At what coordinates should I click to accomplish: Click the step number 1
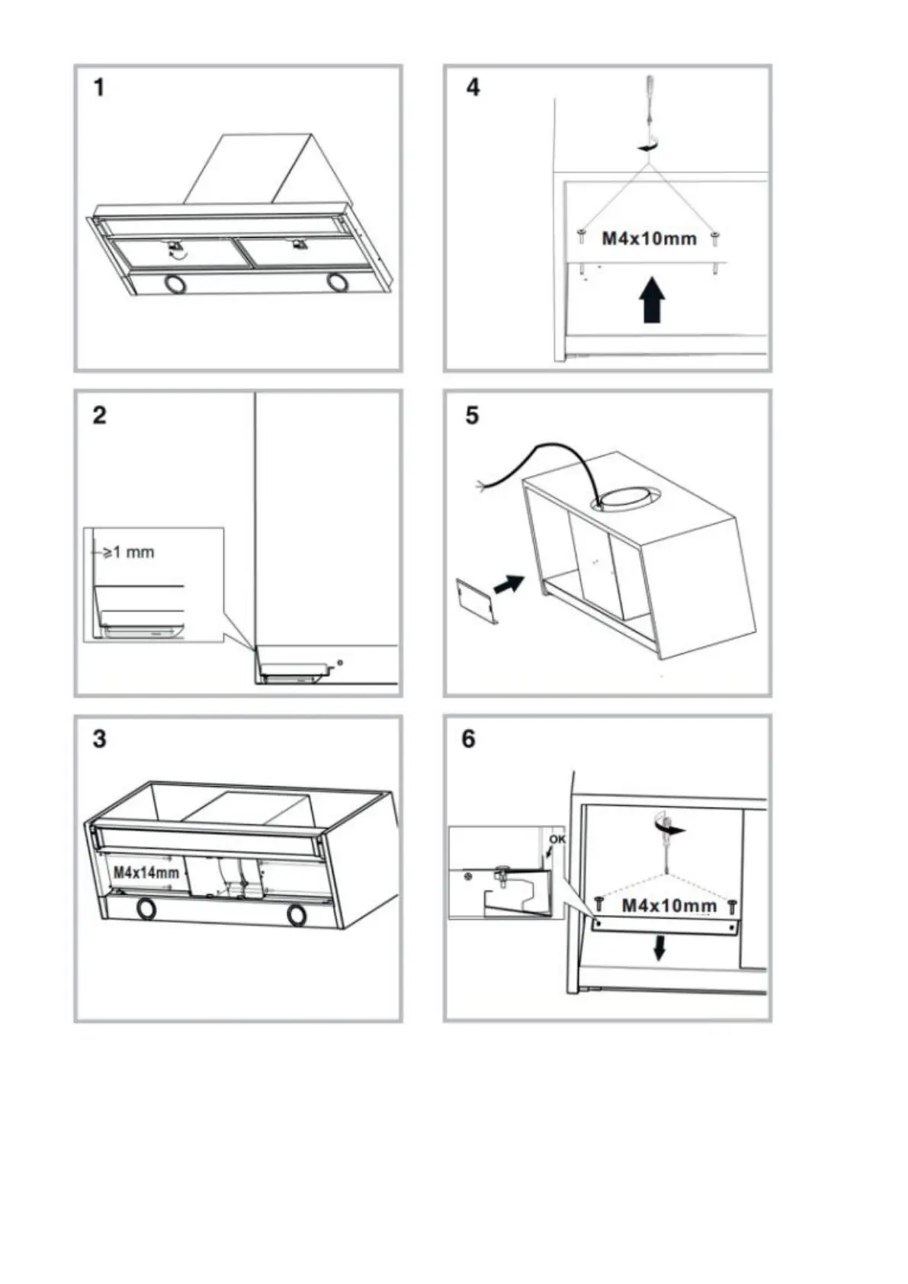coord(100,88)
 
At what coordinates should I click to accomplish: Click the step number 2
coord(100,416)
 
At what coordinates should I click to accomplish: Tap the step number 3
coord(100,740)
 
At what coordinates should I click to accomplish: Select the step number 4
coord(473,88)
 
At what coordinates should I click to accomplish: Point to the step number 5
coord(473,416)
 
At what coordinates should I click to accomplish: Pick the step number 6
coord(469,740)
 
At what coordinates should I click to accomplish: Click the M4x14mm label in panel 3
coord(146,872)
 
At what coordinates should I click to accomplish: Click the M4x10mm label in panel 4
coord(649,239)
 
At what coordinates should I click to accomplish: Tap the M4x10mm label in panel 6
coord(669,906)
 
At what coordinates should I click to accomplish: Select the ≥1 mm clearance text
coord(128,552)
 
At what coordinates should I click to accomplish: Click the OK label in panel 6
coord(557,839)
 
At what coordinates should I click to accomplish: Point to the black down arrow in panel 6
coord(659,948)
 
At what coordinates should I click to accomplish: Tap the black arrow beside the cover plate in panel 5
coord(509,585)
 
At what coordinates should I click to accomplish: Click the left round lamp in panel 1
coord(176,284)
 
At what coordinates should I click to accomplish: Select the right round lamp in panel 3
coord(297,916)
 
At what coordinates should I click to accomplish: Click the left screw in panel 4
coord(581,236)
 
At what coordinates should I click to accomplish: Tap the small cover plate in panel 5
coord(477,601)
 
